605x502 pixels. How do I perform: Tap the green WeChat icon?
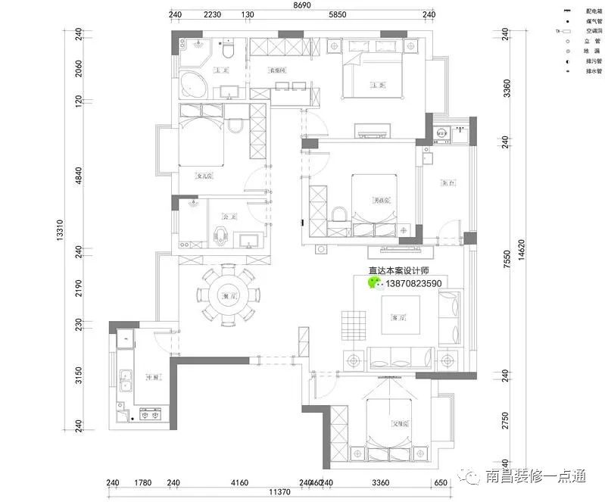375,282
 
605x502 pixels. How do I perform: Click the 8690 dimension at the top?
302,5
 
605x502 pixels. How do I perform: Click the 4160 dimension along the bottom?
239,482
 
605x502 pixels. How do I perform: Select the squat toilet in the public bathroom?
222,234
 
